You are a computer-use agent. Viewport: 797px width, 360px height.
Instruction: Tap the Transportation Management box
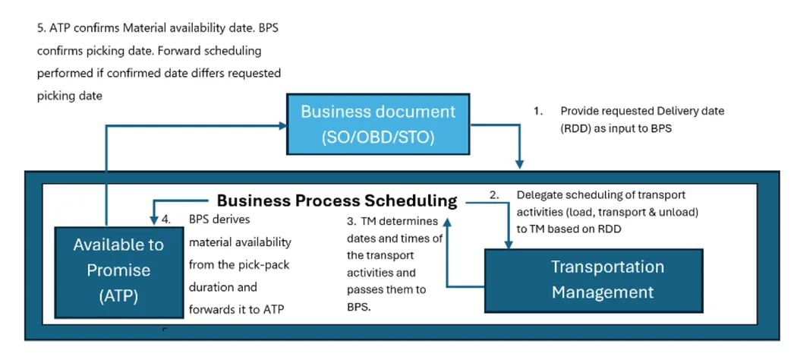click(606, 279)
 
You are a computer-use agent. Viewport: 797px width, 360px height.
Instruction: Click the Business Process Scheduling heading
click(337, 201)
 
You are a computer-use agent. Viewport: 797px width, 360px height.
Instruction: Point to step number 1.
click(537, 111)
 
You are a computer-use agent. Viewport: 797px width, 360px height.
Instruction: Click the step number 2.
click(493, 194)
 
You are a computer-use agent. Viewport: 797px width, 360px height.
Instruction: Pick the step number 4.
click(168, 221)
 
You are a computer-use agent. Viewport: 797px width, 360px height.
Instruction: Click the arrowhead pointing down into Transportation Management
click(509, 243)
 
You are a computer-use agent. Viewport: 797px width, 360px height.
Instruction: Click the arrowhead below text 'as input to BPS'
click(520, 163)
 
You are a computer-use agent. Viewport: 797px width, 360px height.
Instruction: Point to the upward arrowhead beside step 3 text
click(448, 219)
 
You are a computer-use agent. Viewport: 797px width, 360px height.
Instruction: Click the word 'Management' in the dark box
click(603, 292)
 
